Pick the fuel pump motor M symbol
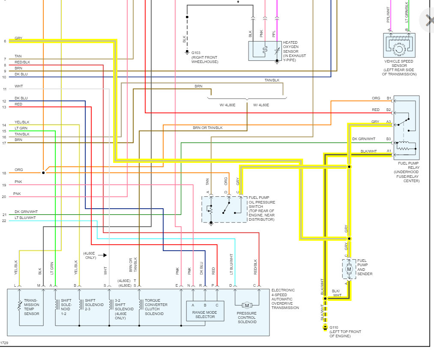(349, 269)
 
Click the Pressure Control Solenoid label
(247, 317)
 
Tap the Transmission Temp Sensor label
(32, 307)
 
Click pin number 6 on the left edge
(5, 41)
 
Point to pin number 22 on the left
(5, 221)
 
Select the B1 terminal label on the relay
(389, 99)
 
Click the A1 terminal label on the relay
(389, 151)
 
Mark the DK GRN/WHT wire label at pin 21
(26, 212)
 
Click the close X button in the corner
(428, 20)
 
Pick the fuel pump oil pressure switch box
(224, 210)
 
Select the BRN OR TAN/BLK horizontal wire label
(207, 128)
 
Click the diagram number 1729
(4, 343)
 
